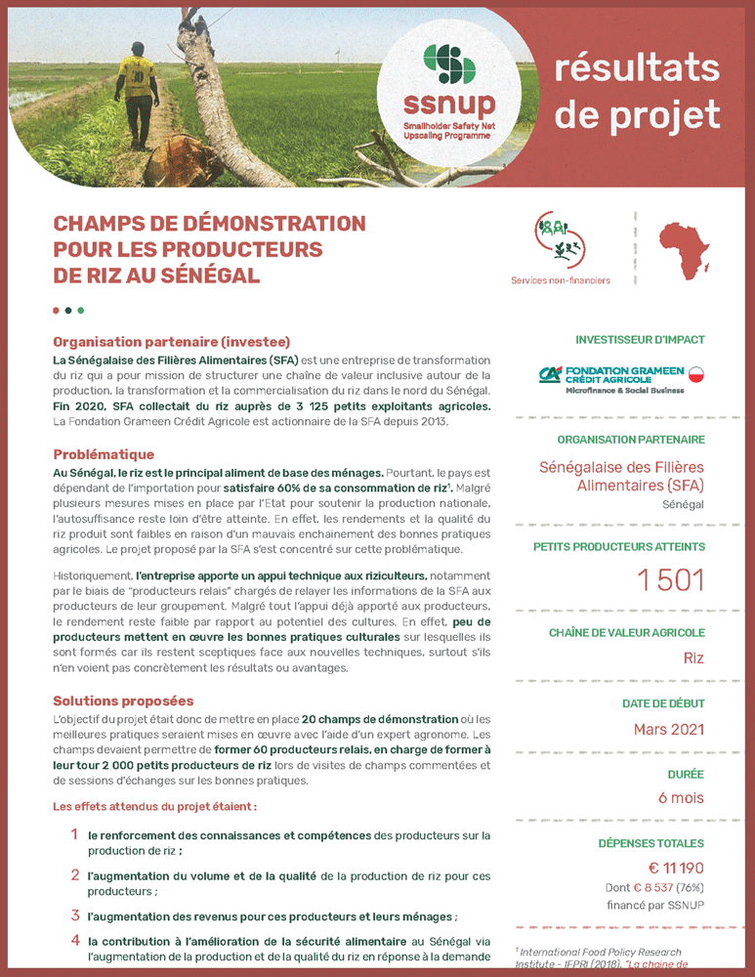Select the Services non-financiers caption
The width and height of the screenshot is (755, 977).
point(560,280)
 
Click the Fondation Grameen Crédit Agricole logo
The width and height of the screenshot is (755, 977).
point(621,378)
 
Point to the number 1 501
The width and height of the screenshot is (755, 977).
point(670,579)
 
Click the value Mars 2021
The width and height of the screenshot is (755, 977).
point(668,729)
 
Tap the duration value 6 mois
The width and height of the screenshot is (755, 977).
point(681,797)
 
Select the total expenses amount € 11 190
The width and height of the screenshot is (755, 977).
point(676,868)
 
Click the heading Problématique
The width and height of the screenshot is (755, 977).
point(104,454)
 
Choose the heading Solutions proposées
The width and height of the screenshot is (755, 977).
point(123,701)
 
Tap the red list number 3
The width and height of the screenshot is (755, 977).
point(75,915)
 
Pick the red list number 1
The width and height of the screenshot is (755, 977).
point(74,834)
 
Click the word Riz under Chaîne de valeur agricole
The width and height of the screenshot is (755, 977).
point(692,658)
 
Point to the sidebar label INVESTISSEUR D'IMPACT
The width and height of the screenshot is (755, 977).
point(640,340)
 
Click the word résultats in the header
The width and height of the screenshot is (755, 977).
point(637,68)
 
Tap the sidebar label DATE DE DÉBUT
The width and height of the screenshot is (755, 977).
point(663,703)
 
